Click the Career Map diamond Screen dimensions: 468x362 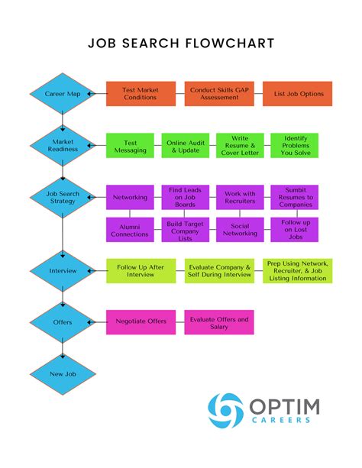pyautogui.click(x=63, y=94)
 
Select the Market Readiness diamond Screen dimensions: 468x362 pyautogui.click(x=63, y=145)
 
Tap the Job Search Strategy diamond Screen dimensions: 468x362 pyautogui.click(x=63, y=198)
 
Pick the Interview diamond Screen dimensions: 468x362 pyautogui.click(x=63, y=270)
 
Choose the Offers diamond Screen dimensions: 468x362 pyautogui.click(x=63, y=321)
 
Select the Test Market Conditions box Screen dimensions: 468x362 pyautogui.click(x=141, y=94)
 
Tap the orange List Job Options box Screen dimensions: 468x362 pyautogui.click(x=299, y=94)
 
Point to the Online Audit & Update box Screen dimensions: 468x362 pyautogui.click(x=184, y=145)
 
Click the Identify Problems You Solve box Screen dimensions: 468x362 pyautogui.click(x=294, y=145)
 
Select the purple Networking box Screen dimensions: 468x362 pyautogui.click(x=130, y=197)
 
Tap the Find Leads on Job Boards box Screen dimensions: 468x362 pyautogui.click(x=184, y=197)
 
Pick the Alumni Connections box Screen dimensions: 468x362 pyautogui.click(x=130, y=230)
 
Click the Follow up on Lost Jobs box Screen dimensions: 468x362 pyautogui.click(x=294, y=230)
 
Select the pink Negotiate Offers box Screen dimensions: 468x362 pyautogui.click(x=141, y=321)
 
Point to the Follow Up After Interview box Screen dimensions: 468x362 pyautogui.click(x=142, y=271)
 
